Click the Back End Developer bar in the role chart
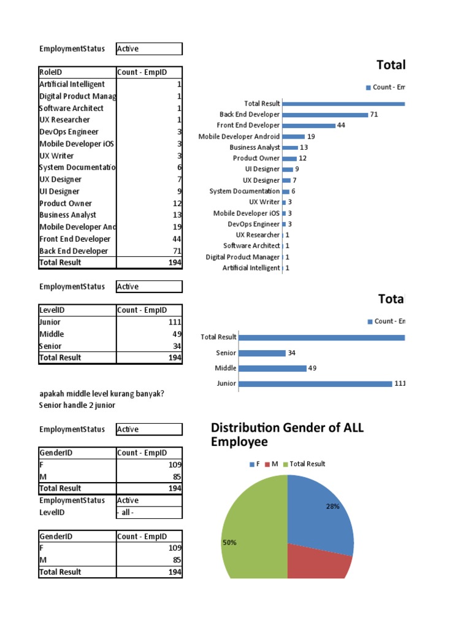click(325, 115)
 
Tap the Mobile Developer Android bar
click(293, 137)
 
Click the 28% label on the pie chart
click(333, 507)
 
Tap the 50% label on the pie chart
click(229, 543)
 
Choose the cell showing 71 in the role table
click(149, 251)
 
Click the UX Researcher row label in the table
click(64, 120)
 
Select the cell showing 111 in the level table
click(149, 322)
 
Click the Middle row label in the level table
click(52, 334)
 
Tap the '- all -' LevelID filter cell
click(149, 513)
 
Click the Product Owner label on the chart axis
click(256, 158)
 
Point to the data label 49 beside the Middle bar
click(313, 368)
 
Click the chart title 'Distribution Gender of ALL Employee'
click(286, 435)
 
